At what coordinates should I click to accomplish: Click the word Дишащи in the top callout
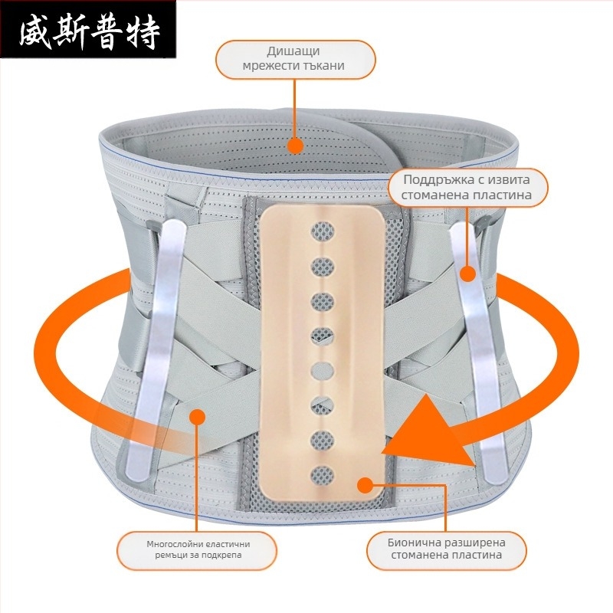pyautogui.click(x=293, y=51)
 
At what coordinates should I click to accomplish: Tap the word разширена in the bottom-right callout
pyautogui.click(x=477, y=543)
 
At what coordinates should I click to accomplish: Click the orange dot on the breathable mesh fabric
pyautogui.click(x=295, y=146)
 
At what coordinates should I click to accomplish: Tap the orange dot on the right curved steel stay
pyautogui.click(x=467, y=274)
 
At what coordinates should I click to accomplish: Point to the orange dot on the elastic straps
pyautogui.click(x=197, y=417)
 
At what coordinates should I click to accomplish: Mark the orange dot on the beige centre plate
pyautogui.click(x=366, y=485)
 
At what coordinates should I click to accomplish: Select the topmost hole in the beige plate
pyautogui.click(x=323, y=231)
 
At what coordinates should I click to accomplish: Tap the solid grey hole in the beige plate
pyautogui.click(x=323, y=371)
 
